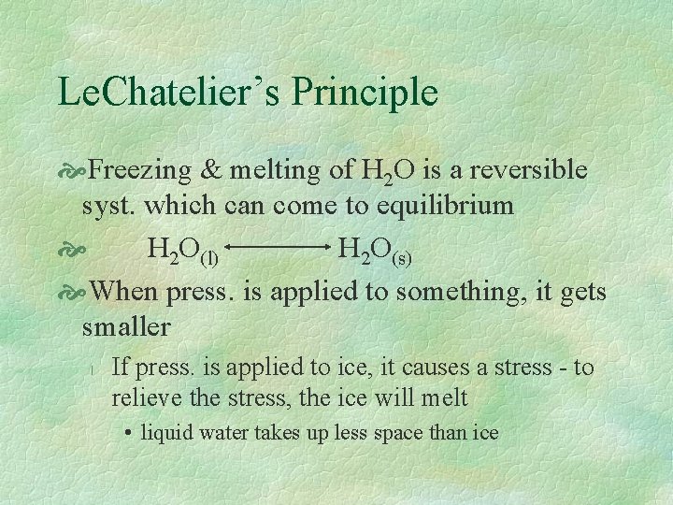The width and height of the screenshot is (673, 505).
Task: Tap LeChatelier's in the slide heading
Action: pos(169,93)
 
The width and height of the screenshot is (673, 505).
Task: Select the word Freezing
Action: pos(141,169)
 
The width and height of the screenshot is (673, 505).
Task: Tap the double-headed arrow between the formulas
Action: pos(278,249)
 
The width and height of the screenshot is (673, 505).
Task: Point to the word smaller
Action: pos(126,326)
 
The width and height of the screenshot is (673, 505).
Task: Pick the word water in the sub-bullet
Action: pos(219,432)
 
